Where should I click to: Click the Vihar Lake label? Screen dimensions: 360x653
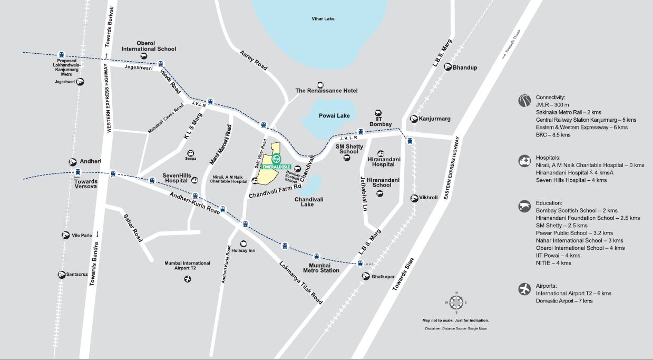323,19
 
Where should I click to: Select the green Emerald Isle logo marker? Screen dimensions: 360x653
277,159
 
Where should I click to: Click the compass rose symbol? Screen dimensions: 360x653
456,302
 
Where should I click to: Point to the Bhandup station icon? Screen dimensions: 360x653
448,67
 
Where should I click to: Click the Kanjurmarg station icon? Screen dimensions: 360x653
414,119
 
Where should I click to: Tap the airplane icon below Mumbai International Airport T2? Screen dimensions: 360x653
187,278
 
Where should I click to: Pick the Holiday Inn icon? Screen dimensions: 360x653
243,244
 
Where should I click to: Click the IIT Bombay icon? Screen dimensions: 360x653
378,113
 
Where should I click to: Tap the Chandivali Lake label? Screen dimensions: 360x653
309,201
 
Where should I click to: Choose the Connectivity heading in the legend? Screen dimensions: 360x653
550,98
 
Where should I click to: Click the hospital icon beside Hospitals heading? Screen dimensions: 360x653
524,161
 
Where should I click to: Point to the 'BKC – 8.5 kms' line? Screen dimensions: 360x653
553,135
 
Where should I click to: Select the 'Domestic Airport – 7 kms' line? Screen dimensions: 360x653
564,301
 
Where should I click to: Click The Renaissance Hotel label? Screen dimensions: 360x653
326,91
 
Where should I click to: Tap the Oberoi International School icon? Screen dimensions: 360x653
143,56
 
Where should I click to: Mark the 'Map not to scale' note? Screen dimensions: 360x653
455,320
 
